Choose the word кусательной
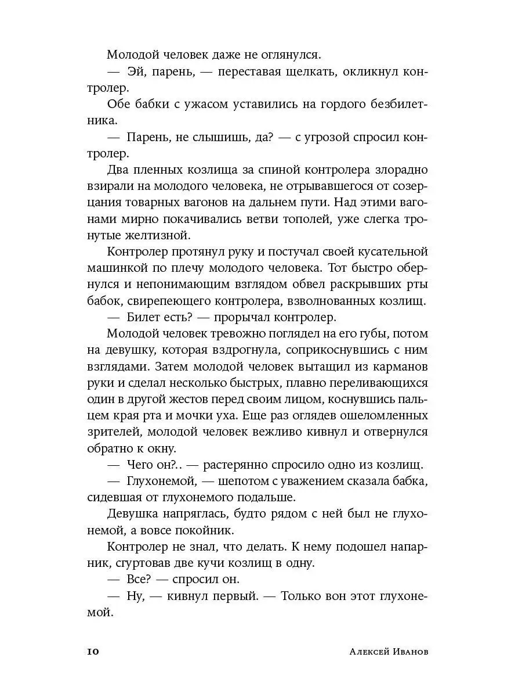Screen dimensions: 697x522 [x=385, y=253]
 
